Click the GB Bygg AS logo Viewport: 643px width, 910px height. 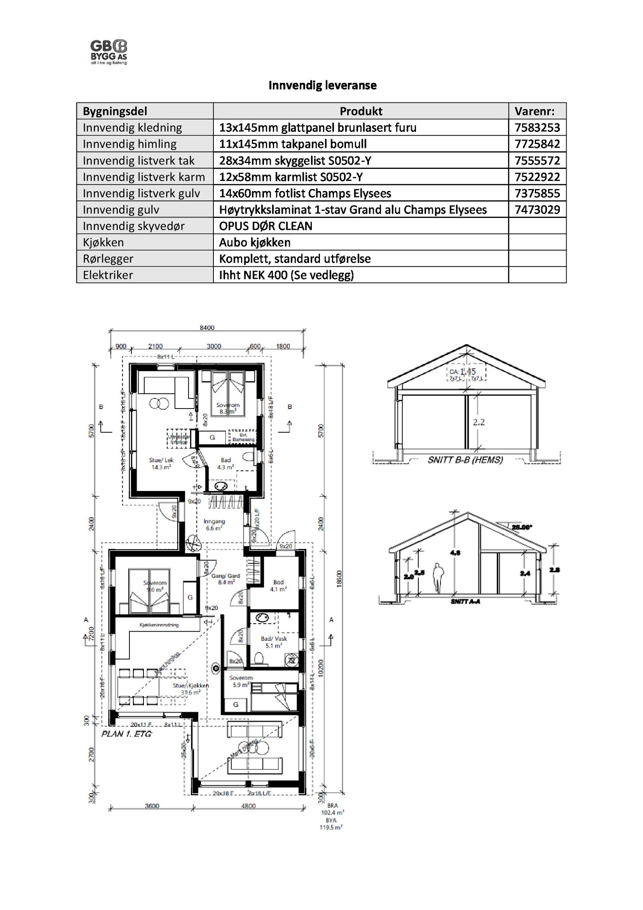pyautogui.click(x=109, y=52)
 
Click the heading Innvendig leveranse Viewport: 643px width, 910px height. pyautogui.click(x=322, y=85)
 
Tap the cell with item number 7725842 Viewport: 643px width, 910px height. pyautogui.click(x=537, y=144)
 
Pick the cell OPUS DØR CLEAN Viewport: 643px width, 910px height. pyautogui.click(x=265, y=226)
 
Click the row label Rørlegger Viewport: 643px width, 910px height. pyautogui.click(x=108, y=259)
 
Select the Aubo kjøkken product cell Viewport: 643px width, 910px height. pyautogui.click(x=254, y=242)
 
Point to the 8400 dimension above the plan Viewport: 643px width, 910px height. pyautogui.click(x=207, y=328)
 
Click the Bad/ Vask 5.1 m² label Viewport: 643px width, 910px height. pyautogui.click(x=274, y=642)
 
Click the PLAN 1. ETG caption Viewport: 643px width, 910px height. pyautogui.click(x=126, y=733)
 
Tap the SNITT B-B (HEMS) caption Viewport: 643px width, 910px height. pyautogui.click(x=465, y=460)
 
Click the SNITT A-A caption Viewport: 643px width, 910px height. pyautogui.click(x=465, y=602)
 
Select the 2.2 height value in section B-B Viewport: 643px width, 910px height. pyautogui.click(x=479, y=422)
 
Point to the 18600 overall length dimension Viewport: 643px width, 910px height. pyautogui.click(x=339, y=579)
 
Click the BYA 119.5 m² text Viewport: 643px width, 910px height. pyautogui.click(x=332, y=824)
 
